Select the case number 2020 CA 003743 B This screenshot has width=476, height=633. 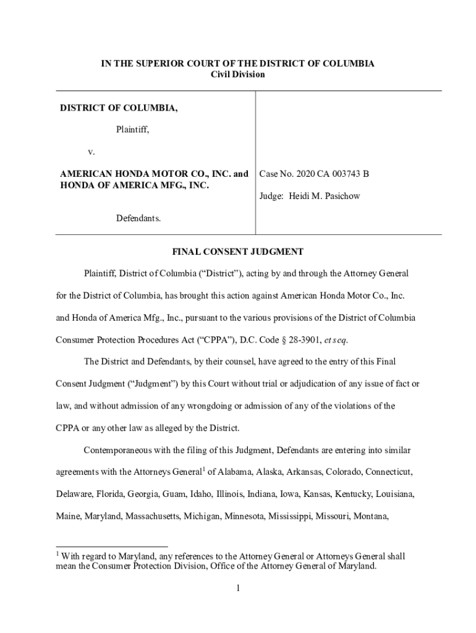pyautogui.click(x=330, y=174)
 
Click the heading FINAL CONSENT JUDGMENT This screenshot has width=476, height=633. pyautogui.click(x=237, y=252)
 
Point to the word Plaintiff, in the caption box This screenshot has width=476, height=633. pyautogui.click(x=133, y=130)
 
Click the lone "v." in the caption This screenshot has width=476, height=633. pyautogui.click(x=91, y=151)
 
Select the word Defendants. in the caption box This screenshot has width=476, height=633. pyautogui.click(x=138, y=218)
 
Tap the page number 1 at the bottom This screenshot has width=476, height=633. pyautogui.click(x=237, y=588)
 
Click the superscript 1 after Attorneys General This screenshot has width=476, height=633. pyautogui.click(x=204, y=469)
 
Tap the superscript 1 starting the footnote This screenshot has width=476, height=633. pyautogui.click(x=57, y=554)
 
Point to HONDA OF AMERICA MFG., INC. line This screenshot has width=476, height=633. pyautogui.click(x=134, y=185)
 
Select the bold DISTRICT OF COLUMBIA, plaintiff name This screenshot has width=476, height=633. pyautogui.click(x=119, y=108)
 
